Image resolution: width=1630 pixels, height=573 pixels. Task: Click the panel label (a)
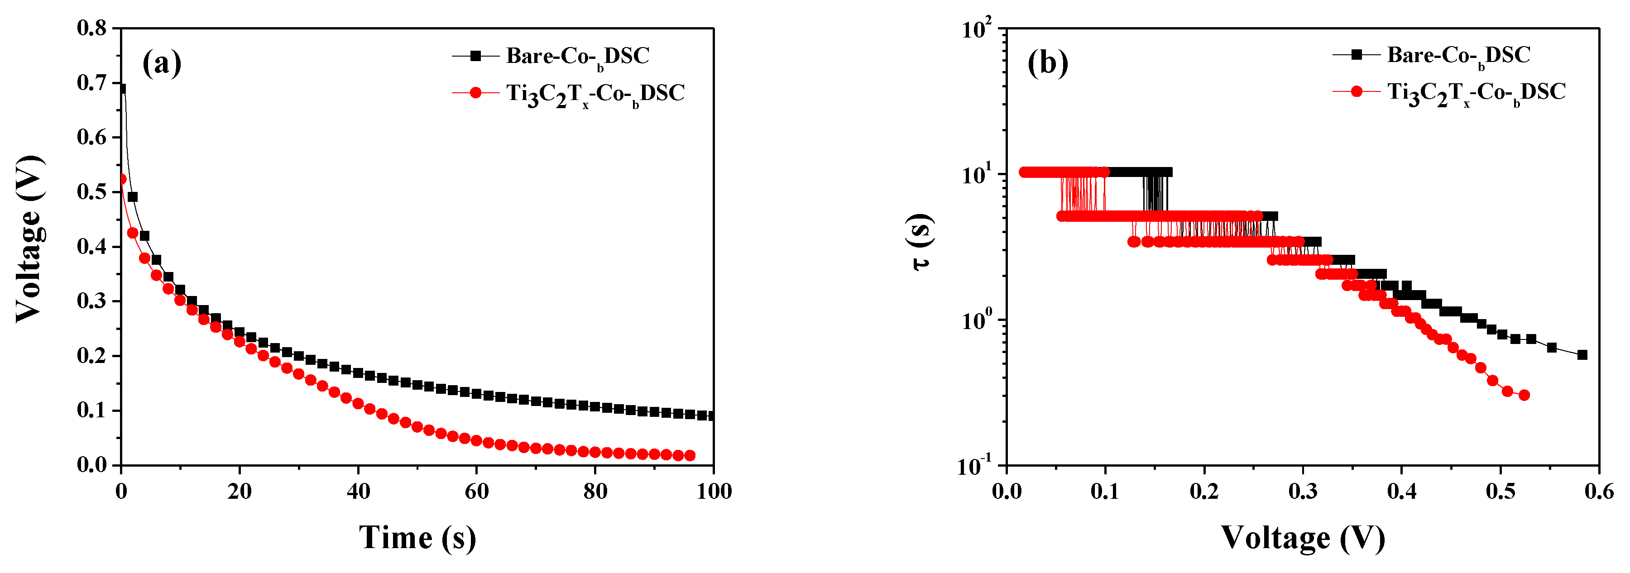point(162,63)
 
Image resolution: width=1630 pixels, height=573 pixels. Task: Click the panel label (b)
point(1048,63)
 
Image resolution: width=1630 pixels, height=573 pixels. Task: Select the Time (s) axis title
point(417,538)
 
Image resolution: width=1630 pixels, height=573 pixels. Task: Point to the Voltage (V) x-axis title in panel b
point(1302,538)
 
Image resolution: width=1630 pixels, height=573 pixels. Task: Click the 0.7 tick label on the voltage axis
point(92,82)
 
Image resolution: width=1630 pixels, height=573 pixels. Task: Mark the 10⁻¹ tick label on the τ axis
point(975,467)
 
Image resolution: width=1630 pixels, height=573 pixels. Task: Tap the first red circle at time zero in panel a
point(121,179)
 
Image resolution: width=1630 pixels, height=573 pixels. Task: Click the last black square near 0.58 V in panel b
point(1582,355)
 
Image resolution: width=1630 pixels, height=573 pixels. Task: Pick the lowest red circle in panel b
point(1524,395)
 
